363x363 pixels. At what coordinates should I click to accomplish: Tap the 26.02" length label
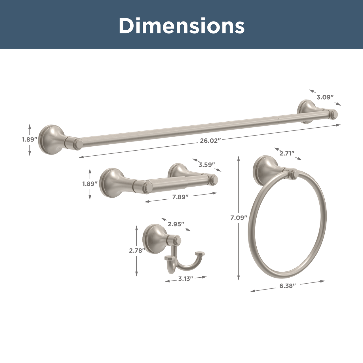210,140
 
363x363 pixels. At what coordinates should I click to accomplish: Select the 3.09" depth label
325,97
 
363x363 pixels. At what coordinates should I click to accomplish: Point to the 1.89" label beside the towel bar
30,140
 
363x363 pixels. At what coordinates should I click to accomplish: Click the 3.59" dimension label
207,165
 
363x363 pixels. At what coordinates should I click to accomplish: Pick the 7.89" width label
180,197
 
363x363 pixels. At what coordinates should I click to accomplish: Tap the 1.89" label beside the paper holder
90,184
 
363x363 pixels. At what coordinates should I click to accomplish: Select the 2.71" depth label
287,153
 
